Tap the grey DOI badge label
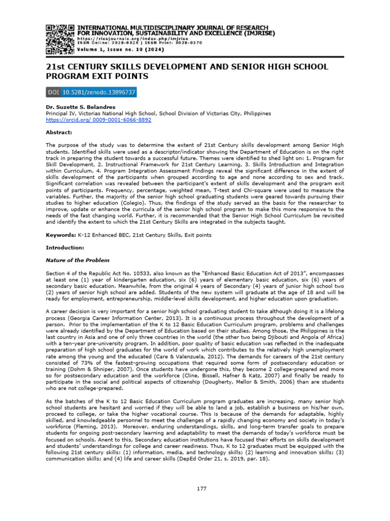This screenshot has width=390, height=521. (52, 93)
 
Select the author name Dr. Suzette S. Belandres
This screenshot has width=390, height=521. (79, 107)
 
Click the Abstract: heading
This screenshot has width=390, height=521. (59, 132)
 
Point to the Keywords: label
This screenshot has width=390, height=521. (61, 236)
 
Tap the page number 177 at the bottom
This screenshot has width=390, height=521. (201, 489)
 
